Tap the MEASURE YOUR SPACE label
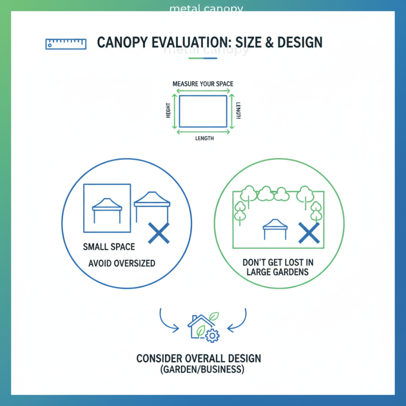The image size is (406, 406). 203,83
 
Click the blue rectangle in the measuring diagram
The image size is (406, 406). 203,111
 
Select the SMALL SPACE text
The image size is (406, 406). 109,247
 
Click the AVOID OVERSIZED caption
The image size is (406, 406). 122,263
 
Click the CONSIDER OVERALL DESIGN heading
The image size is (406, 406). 199,359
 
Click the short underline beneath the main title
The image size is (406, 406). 202,58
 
